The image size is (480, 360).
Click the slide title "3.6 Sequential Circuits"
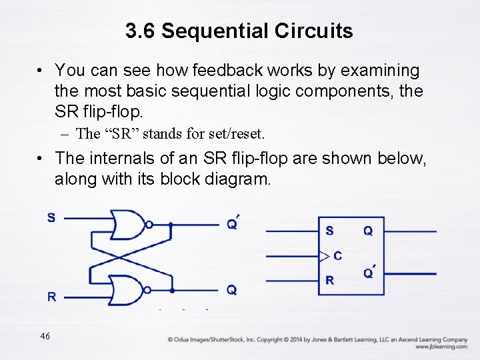(x=239, y=31)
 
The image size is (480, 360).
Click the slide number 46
(x=45, y=336)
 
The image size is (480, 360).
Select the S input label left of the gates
(x=51, y=217)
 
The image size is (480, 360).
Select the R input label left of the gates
(x=51, y=297)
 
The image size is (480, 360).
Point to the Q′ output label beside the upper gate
(x=233, y=223)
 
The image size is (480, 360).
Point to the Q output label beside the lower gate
(x=231, y=290)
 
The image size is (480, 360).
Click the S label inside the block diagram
(x=329, y=231)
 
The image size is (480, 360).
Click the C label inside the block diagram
(x=338, y=255)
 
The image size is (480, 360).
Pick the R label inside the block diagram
(x=329, y=281)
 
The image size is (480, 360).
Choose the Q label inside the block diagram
(x=368, y=231)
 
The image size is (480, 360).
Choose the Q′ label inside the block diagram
(x=369, y=273)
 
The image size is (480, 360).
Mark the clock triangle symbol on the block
(x=325, y=256)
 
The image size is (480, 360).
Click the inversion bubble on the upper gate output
(x=148, y=225)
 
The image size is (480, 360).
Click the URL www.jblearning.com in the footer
(x=441, y=347)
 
